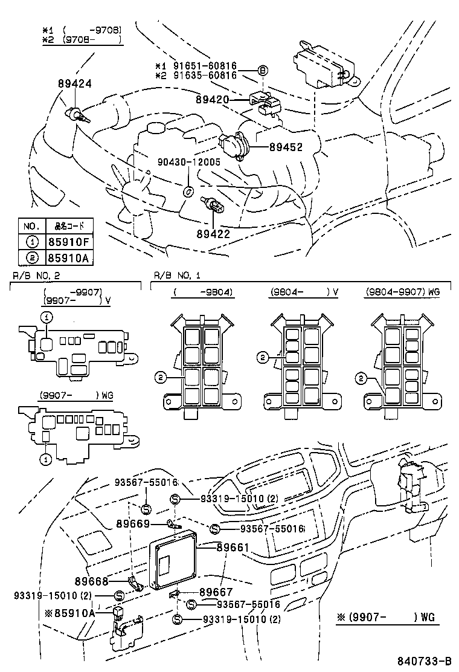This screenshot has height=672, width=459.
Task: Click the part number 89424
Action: point(74,84)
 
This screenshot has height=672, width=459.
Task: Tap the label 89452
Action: point(286,146)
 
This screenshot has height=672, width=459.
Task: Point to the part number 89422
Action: point(213,233)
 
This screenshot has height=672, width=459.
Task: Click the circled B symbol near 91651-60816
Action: point(262,70)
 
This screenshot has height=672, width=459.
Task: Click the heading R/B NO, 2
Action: point(36,276)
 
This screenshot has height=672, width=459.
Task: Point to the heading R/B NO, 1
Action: point(177,276)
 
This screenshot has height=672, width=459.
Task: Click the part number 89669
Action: point(133,523)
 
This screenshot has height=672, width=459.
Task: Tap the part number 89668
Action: point(91,581)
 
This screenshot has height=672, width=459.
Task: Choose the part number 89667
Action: point(216,593)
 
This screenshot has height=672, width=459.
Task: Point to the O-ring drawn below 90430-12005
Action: point(188,192)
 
